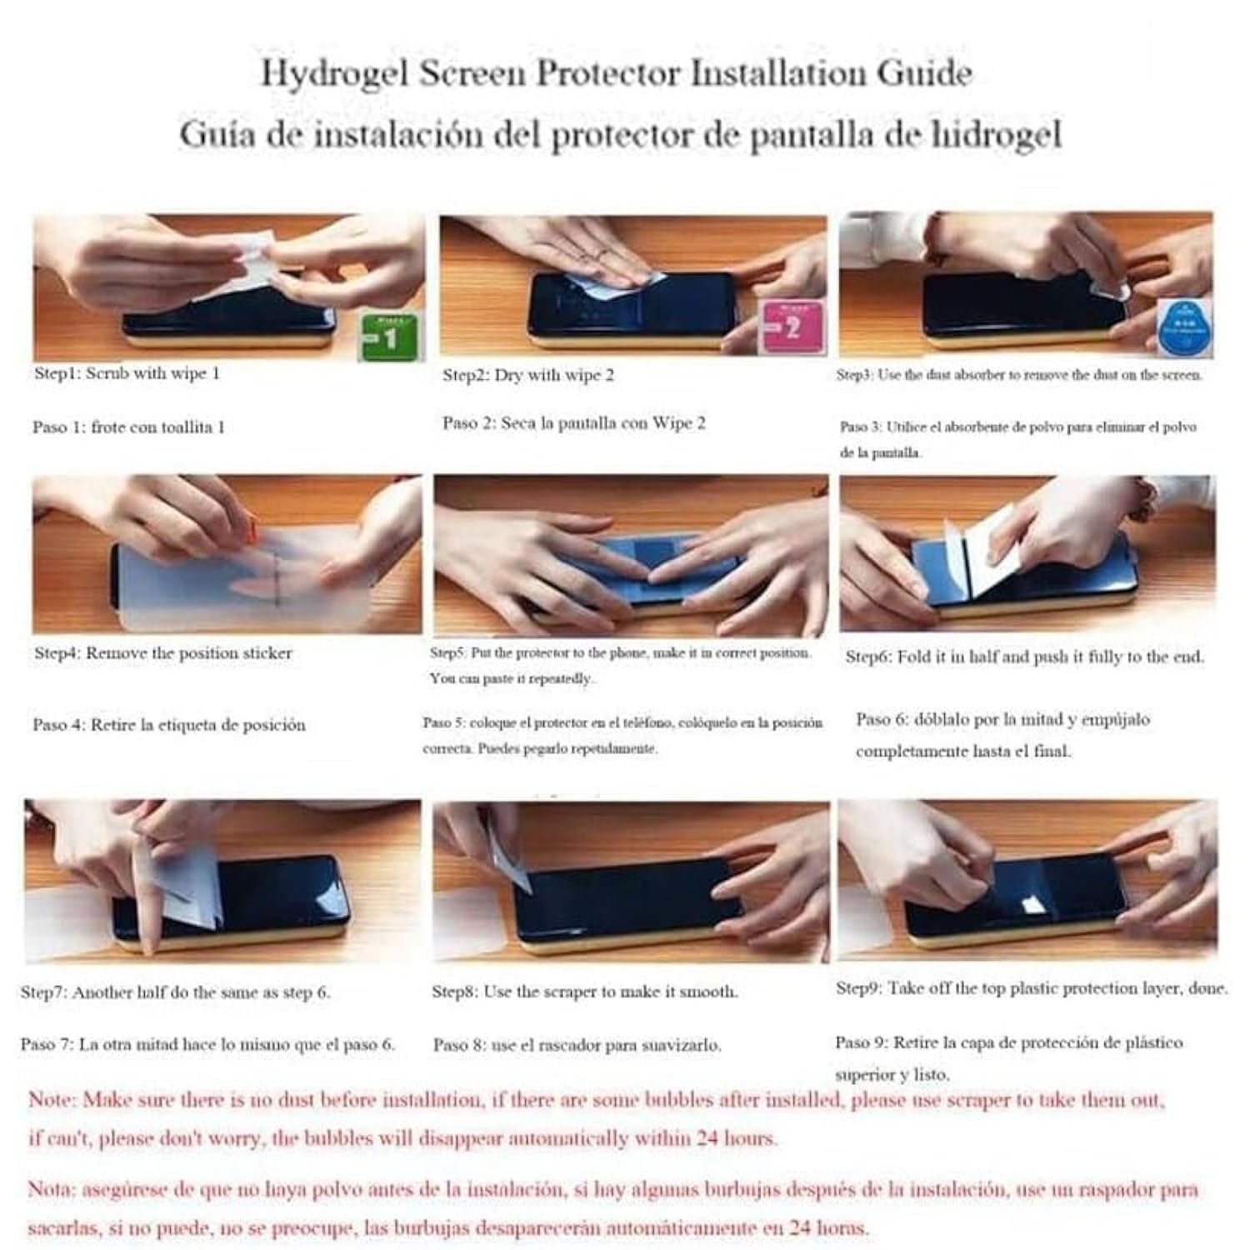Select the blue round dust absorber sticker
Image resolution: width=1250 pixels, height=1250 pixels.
(1185, 329)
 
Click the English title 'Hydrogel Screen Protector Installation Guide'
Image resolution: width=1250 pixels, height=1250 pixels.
(617, 73)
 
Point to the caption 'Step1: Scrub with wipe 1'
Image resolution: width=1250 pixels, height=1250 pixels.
(127, 373)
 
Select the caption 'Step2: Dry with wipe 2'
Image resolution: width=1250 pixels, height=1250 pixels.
(528, 375)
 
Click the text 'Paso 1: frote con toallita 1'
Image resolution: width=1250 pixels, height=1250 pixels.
(129, 427)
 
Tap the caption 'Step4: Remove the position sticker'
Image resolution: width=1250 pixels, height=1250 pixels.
(163, 653)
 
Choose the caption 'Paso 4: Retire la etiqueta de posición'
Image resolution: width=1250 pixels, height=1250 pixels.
(169, 725)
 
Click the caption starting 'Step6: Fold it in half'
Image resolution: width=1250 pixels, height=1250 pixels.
(1024, 657)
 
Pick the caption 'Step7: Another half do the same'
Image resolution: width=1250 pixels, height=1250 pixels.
(176, 992)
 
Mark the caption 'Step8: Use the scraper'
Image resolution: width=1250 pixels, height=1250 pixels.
(584, 992)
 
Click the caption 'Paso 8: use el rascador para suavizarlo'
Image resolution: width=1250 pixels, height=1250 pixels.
(577, 1045)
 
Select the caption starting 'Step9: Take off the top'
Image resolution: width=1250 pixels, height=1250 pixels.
(1032, 988)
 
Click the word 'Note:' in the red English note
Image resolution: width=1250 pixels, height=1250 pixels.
(52, 1100)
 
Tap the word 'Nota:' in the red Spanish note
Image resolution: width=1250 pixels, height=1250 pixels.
(52, 1190)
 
